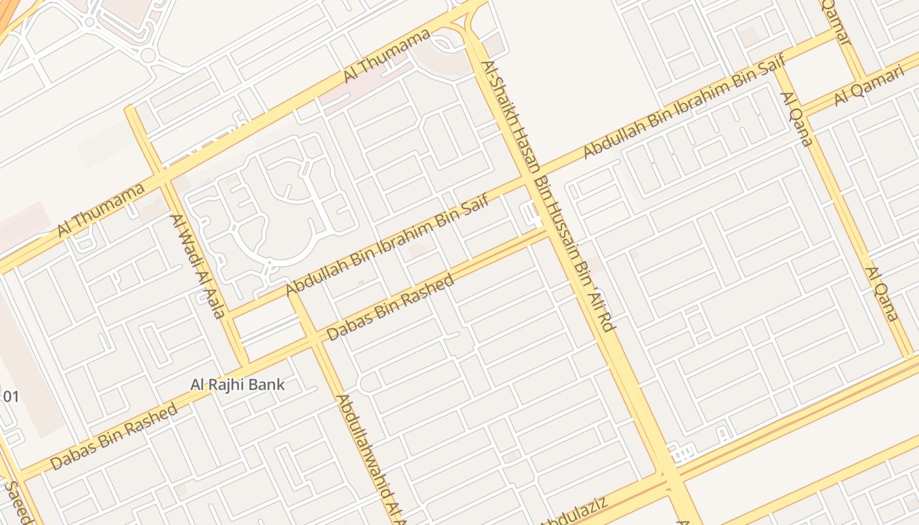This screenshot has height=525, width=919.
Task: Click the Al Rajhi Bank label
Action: pyautogui.click(x=238, y=385)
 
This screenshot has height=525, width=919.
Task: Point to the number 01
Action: pyautogui.click(x=11, y=396)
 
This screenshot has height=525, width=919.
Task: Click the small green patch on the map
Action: pyautogui.click(x=361, y=282)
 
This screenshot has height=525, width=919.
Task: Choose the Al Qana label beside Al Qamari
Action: pyautogui.click(x=796, y=119)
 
